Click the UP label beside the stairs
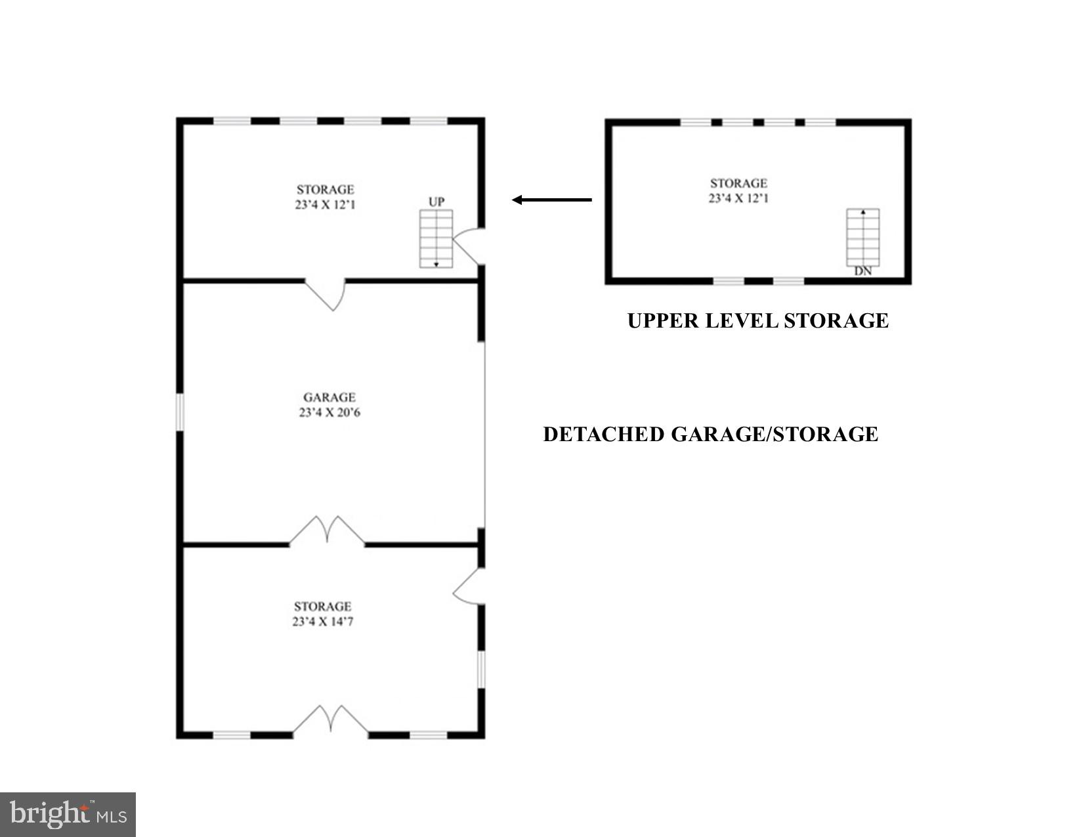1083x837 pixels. point(436,202)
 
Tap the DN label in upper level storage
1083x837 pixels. point(863,270)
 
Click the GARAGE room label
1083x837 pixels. point(329,397)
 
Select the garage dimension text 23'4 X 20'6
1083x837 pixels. point(329,413)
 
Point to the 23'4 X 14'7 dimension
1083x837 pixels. point(323,622)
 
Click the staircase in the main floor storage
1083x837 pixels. point(436,238)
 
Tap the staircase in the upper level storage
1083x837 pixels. point(863,237)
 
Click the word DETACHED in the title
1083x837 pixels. point(604,435)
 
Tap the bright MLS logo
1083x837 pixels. point(68,815)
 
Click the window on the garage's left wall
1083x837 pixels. point(179,412)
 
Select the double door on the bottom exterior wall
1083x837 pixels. point(330,721)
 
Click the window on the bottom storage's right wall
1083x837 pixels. point(481,668)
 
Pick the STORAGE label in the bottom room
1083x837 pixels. point(323,607)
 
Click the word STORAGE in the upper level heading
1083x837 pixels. point(836,321)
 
